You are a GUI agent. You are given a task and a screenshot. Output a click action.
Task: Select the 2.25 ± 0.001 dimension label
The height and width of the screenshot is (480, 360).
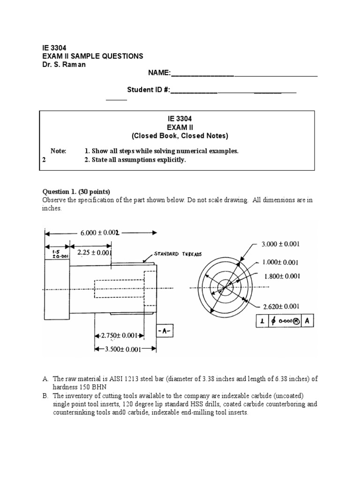click(94, 252)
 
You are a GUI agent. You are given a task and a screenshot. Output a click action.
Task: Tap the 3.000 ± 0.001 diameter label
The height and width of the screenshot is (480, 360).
click(280, 244)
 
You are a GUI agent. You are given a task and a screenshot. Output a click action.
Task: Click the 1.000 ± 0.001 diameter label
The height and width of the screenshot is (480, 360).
click(279, 262)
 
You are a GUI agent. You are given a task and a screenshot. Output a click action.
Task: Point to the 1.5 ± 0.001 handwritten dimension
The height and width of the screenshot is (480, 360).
click(52, 254)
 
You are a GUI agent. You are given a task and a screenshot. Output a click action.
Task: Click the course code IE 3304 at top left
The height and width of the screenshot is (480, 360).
click(48, 47)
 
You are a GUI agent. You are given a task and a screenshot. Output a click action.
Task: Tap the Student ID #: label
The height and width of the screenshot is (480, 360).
click(149, 90)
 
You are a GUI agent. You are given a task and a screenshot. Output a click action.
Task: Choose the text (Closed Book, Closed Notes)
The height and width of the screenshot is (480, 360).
click(180, 136)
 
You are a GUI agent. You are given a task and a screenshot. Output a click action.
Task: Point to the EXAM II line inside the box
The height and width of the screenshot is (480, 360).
click(180, 127)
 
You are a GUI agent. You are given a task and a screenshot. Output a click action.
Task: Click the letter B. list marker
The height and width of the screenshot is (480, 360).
click(45, 397)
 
